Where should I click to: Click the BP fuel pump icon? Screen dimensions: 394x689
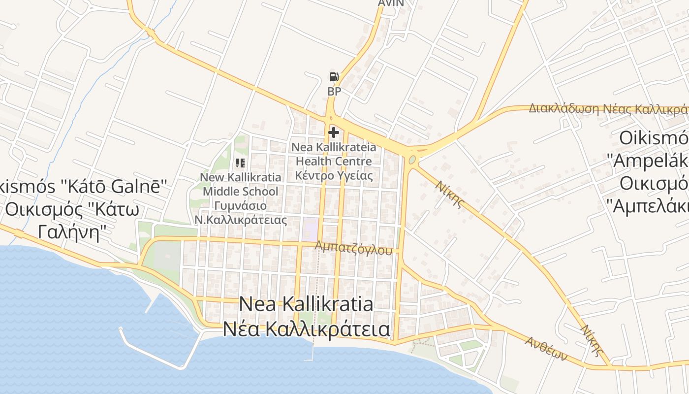(334, 77)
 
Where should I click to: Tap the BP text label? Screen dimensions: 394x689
(334, 91)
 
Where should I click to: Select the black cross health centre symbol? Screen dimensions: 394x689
(334, 132)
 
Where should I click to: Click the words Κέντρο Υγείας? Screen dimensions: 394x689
(334, 175)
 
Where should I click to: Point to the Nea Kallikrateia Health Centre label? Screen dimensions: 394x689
(334, 154)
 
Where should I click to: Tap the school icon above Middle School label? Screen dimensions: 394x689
(240, 163)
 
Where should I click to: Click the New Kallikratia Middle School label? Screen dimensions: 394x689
(241, 184)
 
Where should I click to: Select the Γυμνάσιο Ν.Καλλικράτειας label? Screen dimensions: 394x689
(241, 213)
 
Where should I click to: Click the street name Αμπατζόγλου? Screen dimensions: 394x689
(354, 247)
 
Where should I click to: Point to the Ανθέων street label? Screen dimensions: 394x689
(546, 348)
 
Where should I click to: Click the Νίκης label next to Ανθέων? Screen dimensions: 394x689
(592, 340)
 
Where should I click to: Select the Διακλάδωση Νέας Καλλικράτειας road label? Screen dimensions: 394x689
(608, 108)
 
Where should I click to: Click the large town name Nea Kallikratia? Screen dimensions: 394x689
(306, 304)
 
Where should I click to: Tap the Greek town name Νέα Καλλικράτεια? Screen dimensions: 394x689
(307, 329)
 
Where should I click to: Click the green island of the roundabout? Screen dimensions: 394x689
(412, 160)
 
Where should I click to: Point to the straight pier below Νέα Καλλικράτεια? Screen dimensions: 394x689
(313, 350)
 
